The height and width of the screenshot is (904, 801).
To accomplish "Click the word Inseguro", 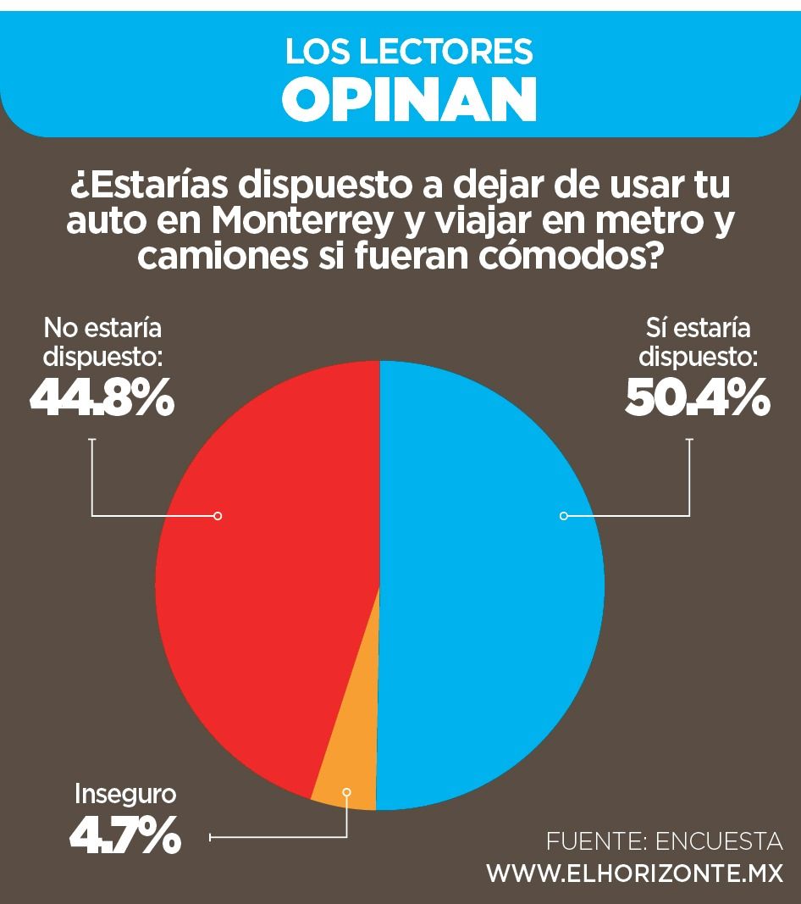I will click(x=125, y=794).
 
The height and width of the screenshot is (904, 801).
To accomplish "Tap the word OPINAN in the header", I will click(x=410, y=98).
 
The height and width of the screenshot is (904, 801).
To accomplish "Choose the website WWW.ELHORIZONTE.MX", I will click(x=634, y=873).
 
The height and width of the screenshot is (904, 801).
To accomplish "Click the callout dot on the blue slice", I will click(x=564, y=515).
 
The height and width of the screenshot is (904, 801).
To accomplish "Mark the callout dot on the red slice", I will click(x=218, y=515).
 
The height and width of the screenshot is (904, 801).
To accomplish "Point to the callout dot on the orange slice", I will click(x=345, y=791).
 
